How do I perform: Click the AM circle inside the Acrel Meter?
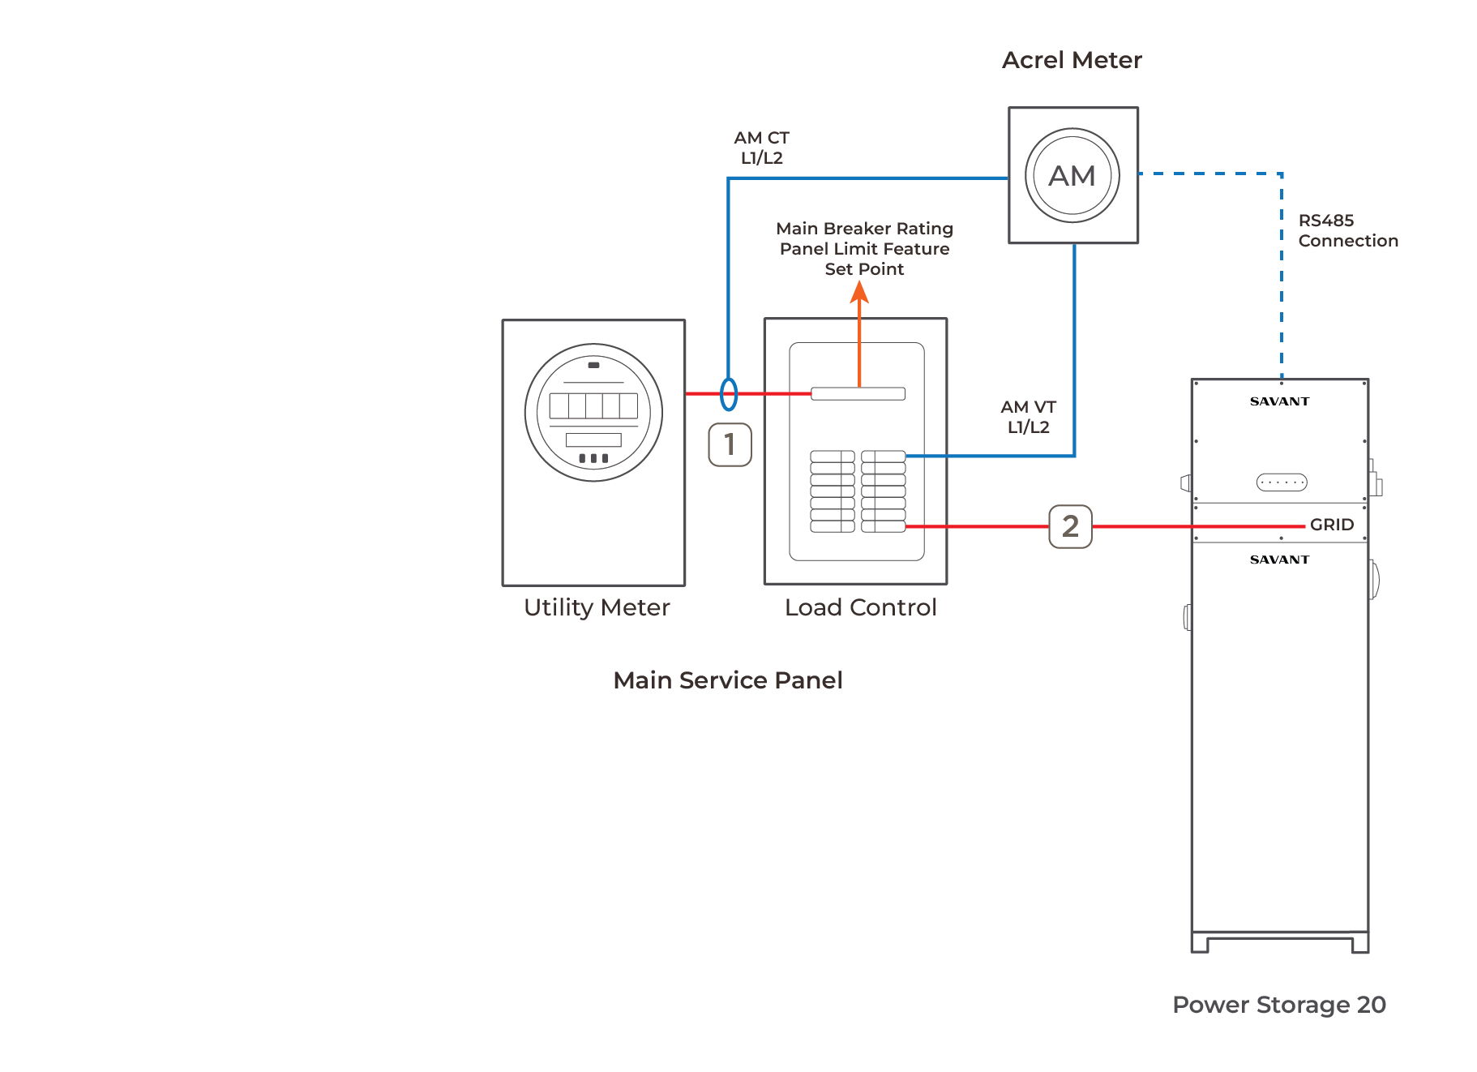[1072, 175]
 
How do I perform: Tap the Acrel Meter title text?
[1072, 60]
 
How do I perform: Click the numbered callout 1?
[730, 444]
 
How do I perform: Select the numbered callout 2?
[1070, 526]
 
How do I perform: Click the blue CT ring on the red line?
[729, 394]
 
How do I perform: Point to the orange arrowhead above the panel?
[859, 292]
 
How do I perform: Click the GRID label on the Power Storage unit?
[1331, 525]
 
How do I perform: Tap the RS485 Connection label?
[1347, 230]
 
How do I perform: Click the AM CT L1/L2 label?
[761, 148]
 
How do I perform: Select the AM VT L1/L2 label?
[1028, 417]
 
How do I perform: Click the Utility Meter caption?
[597, 607]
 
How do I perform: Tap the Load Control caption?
[860, 607]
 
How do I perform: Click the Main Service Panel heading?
[727, 680]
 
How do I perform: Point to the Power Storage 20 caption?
[1278, 1004]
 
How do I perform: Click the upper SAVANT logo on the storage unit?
[1279, 401]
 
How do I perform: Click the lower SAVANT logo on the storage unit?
[1279, 560]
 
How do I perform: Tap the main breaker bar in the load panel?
[858, 394]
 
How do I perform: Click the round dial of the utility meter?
[593, 412]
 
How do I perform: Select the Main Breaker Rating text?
[864, 229]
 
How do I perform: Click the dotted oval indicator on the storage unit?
[1281, 482]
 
